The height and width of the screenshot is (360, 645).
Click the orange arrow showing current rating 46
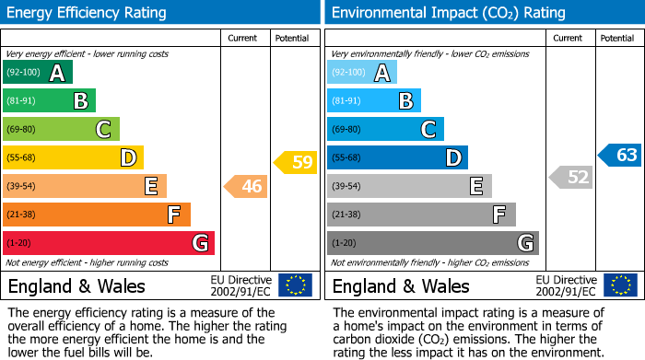246,187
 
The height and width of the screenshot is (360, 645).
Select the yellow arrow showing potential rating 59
296,163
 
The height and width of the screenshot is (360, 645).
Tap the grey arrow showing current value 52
570,178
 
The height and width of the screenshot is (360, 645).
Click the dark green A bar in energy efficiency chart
37,73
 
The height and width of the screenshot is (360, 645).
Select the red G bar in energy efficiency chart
108,243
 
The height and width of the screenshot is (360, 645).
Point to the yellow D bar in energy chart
73,158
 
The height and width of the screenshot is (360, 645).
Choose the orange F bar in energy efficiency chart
97,215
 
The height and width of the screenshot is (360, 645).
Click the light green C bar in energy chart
61,130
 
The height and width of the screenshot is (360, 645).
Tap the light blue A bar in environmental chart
362,73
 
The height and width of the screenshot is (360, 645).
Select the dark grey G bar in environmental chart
432,243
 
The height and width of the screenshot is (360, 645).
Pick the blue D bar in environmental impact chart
397,158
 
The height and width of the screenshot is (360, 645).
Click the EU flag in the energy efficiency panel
295,285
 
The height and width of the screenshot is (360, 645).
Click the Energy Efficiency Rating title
88,13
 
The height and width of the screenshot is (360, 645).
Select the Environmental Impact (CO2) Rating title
448,13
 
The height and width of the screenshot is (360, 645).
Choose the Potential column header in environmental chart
617,38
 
